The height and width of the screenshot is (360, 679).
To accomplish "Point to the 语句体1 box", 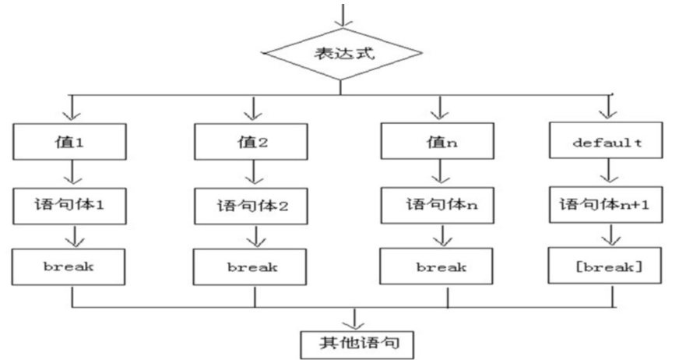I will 73,206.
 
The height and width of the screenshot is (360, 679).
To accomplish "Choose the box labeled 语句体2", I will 254,206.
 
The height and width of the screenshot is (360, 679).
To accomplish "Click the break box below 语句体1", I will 73,266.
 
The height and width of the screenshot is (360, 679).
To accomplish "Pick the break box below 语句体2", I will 254,266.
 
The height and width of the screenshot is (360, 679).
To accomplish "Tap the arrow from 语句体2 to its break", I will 254,236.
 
